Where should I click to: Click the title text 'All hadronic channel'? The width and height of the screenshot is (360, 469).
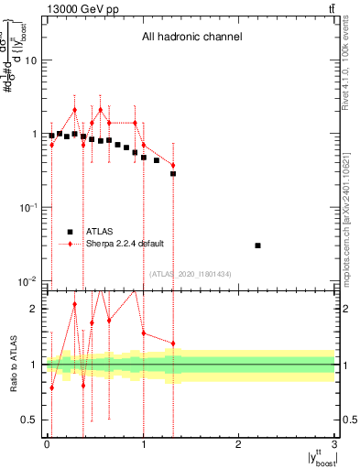[191, 38]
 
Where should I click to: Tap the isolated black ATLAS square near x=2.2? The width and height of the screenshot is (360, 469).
[258, 245]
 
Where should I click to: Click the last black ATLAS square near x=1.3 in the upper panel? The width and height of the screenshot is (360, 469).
[172, 173]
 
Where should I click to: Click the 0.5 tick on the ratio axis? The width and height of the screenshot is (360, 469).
[29, 420]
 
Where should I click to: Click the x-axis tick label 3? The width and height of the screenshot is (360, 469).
[335, 444]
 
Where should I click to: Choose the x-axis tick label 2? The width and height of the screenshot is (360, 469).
[239, 444]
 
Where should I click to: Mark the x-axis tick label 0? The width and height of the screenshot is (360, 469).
[47, 444]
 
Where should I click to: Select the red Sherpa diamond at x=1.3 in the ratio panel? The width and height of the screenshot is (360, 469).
[172, 344]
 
